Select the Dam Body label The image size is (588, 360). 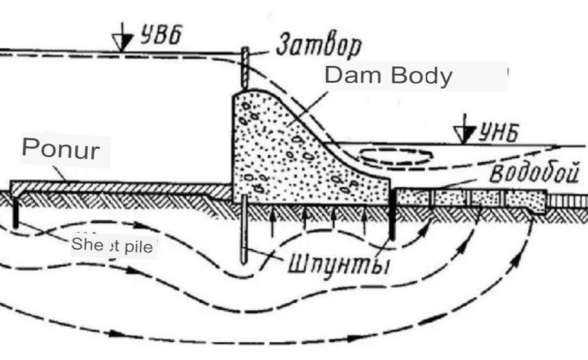point(388,76)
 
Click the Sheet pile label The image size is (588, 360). point(113,246)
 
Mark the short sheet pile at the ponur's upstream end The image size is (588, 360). point(14,212)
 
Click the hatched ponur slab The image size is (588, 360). point(117,187)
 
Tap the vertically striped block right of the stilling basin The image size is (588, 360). point(567,200)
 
